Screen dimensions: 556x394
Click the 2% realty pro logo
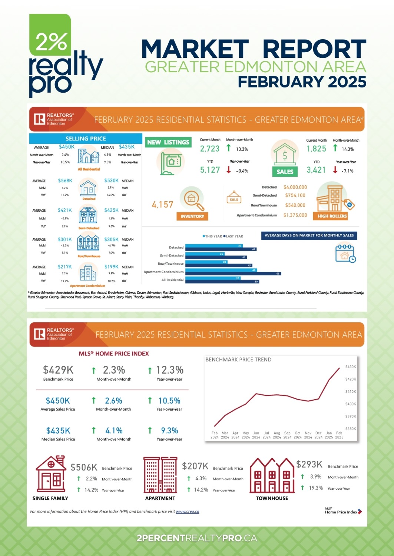(x=63, y=56)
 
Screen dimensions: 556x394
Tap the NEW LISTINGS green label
(x=168, y=142)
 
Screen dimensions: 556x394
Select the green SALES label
(x=285, y=172)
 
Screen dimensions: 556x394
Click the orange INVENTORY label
(x=192, y=216)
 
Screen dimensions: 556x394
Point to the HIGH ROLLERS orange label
(x=332, y=216)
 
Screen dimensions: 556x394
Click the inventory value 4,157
(x=162, y=205)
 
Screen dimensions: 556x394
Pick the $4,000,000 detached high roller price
(x=295, y=187)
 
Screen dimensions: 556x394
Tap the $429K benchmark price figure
(x=58, y=370)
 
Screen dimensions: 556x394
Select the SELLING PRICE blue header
(x=86, y=139)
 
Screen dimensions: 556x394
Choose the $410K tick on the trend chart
(x=350, y=391)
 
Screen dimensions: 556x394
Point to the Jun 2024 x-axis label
(x=256, y=435)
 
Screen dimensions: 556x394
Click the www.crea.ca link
(x=187, y=512)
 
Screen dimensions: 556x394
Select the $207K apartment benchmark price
(x=195, y=466)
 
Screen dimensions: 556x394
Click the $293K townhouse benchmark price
(x=309, y=464)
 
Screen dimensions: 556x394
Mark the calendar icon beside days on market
(x=345, y=253)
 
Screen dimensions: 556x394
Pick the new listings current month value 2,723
(x=210, y=149)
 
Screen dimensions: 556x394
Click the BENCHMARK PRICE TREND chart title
(x=238, y=360)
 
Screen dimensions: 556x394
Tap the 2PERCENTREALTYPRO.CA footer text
(x=197, y=538)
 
